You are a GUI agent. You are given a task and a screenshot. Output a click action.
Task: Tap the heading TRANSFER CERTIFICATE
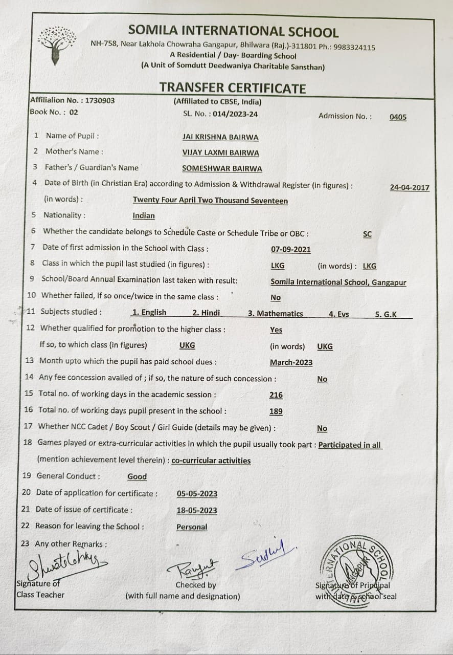232,88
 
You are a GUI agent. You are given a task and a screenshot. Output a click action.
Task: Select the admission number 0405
398,117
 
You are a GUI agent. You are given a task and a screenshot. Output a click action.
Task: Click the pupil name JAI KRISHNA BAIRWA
220,137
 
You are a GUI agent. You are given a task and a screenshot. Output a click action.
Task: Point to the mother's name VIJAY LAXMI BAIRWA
220,152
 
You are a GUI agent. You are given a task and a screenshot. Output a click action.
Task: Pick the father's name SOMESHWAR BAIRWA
222,168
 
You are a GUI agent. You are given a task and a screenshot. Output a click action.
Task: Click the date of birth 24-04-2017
410,188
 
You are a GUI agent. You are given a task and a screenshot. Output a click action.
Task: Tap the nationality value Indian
144,216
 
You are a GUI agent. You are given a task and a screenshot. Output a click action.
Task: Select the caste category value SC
367,234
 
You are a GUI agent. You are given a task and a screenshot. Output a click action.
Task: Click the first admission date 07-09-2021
290,250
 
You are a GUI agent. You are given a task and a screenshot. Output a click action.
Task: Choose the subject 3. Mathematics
276,314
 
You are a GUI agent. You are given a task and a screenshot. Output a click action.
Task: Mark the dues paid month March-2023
291,362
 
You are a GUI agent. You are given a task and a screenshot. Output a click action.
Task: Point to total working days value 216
276,395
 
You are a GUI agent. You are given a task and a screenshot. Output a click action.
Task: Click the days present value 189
276,411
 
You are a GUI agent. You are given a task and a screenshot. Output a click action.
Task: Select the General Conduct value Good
137,476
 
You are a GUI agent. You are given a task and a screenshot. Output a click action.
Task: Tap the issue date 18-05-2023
197,510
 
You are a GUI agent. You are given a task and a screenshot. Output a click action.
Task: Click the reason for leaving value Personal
192,527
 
